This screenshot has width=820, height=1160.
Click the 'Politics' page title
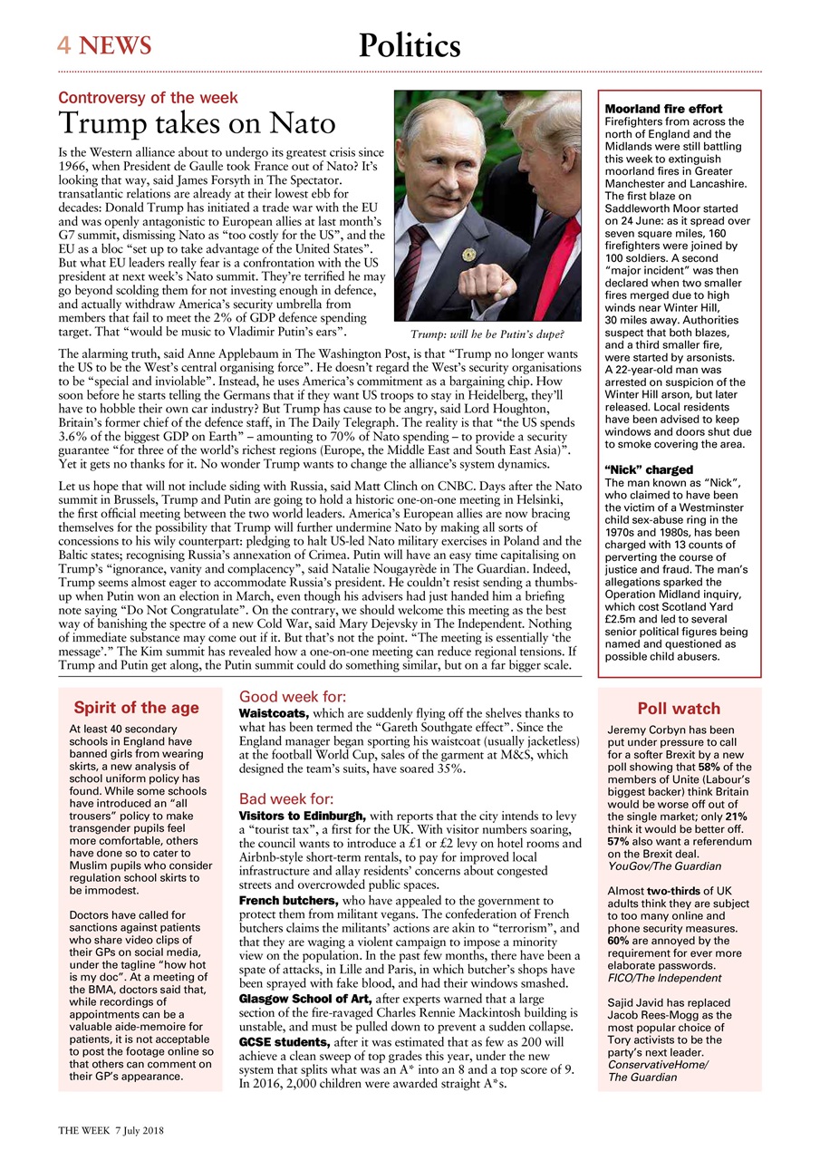(410, 45)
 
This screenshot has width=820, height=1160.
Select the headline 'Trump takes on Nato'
(197, 123)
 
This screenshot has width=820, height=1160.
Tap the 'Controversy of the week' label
(148, 98)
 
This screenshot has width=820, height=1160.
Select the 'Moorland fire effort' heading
(663, 110)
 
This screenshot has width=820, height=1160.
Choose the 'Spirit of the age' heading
(136, 708)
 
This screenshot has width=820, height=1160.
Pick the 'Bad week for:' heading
(287, 799)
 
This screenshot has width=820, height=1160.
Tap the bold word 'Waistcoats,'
(275, 714)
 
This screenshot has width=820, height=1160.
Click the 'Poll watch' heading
(679, 709)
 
